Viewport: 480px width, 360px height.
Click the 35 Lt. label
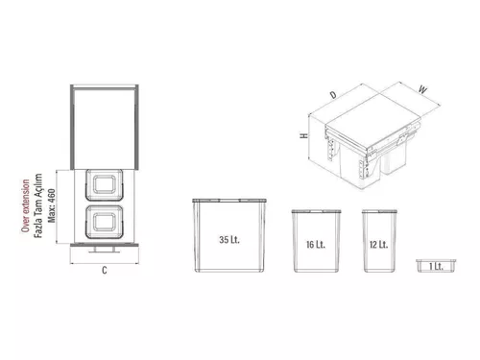[x=229, y=240]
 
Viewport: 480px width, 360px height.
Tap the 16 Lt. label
[x=316, y=245]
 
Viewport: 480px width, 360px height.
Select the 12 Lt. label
[x=378, y=245]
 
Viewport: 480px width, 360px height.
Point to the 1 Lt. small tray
[x=436, y=266]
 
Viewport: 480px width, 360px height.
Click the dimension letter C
[x=105, y=271]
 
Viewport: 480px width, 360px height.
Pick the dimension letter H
[x=304, y=135]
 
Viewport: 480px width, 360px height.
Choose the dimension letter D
[x=333, y=95]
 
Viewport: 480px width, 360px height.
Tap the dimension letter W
[x=422, y=89]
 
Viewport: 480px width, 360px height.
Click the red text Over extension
[x=25, y=205]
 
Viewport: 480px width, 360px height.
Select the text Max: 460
[x=51, y=205]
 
